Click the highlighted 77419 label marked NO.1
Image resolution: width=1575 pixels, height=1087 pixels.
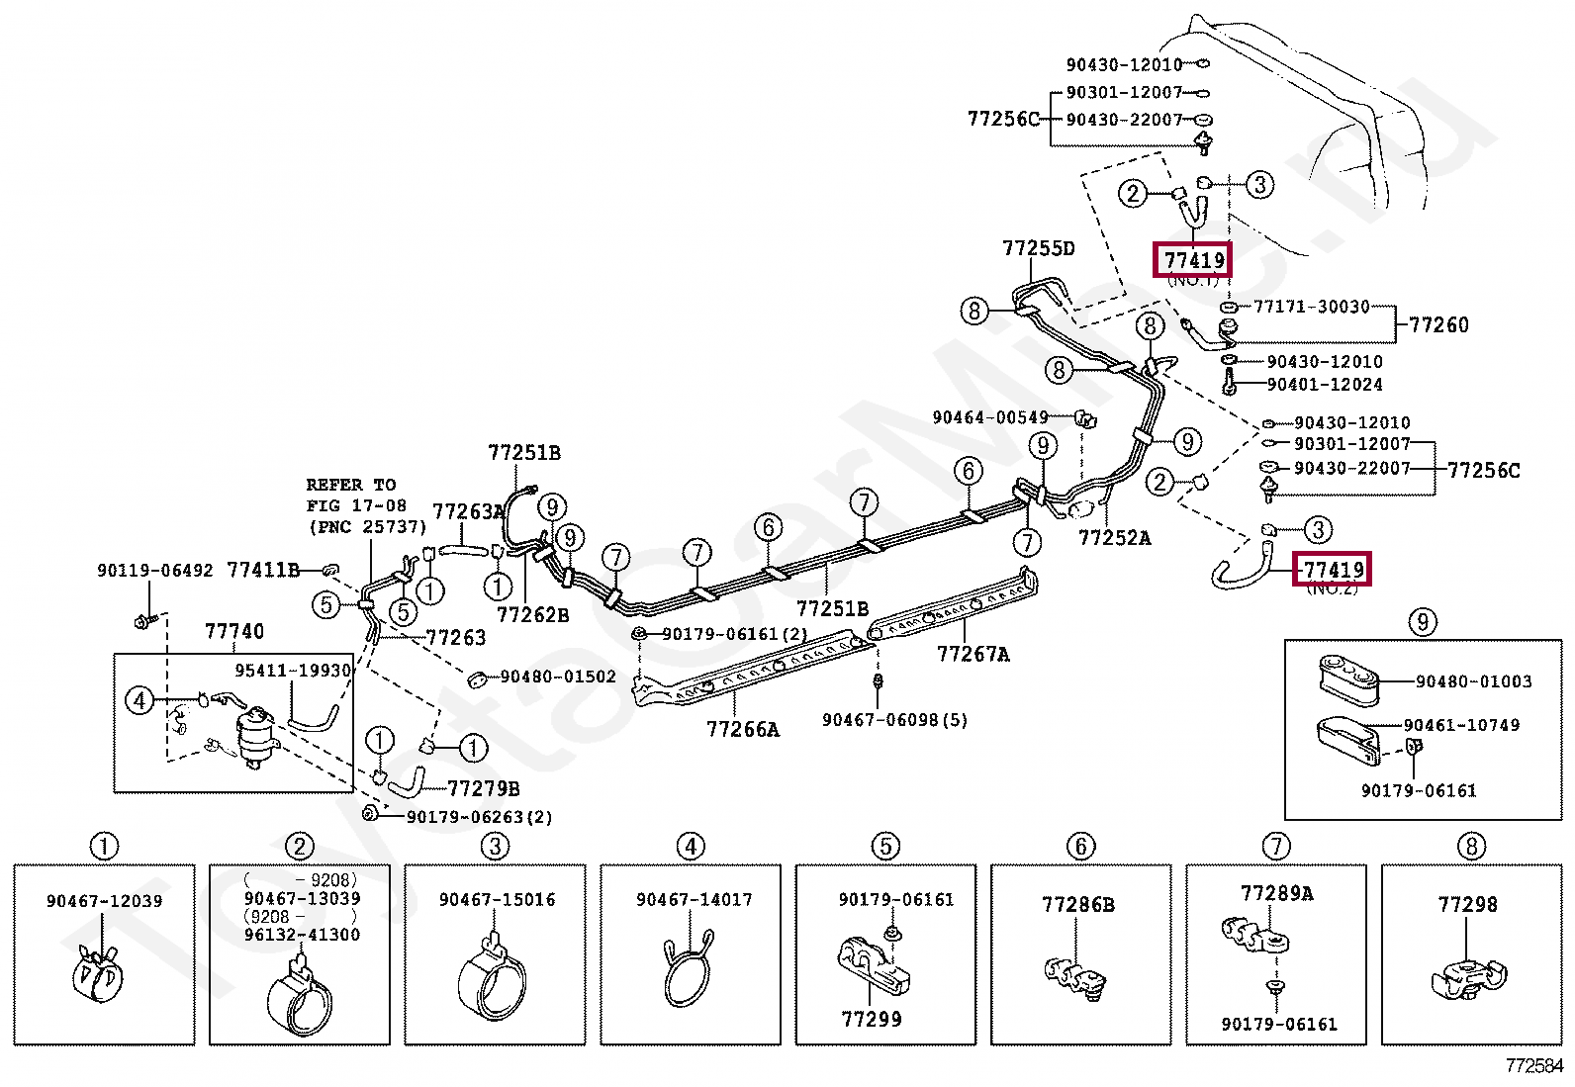pos(1193,260)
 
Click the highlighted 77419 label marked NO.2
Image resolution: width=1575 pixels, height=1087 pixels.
pos(1333,570)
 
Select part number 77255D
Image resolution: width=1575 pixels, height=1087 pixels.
pos(1038,248)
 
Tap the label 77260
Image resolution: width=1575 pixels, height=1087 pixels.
pos(1438,324)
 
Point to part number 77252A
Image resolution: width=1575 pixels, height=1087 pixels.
pos(1114,538)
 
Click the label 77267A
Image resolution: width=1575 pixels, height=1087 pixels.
pos(973,654)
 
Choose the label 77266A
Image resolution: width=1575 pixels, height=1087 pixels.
pos(742,730)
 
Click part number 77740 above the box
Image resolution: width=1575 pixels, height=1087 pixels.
pos(234,631)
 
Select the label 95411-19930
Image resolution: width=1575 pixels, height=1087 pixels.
pos(293,671)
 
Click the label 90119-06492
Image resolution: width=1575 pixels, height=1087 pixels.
pos(154,571)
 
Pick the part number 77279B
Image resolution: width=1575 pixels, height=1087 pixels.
pos(483,788)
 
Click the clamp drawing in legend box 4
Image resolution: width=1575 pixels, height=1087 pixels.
pos(689,970)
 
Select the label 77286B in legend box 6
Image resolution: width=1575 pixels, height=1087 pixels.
pos(1077,905)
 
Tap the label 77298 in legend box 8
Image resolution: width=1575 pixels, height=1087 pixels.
pos(1467,905)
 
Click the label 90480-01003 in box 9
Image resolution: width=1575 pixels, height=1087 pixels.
pos(1473,681)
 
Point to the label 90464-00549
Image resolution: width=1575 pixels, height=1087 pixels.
pos(989,417)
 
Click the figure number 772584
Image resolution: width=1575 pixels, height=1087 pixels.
pos(1533,1066)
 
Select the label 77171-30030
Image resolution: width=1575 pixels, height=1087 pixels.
pos(1311,307)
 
